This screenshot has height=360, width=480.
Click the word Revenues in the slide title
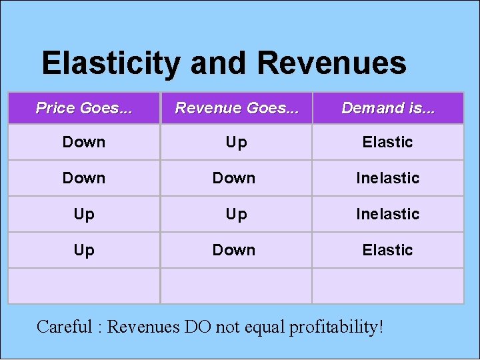(331, 64)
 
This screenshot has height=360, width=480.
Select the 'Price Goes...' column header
(84, 108)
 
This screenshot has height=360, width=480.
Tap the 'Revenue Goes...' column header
(236, 108)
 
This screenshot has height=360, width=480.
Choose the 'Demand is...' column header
(387, 108)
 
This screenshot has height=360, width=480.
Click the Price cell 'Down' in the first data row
(84, 142)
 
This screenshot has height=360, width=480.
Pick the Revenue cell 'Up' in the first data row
(236, 142)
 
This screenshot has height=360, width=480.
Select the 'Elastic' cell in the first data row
(387, 142)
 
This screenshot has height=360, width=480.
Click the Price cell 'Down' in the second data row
(84, 178)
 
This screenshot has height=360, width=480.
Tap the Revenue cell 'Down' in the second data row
(234, 178)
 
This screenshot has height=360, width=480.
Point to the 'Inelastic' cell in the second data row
(387, 178)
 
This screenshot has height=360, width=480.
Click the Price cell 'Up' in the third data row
(84, 214)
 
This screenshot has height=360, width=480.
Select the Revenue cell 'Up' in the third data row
(236, 214)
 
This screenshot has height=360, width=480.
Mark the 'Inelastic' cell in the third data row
(387, 214)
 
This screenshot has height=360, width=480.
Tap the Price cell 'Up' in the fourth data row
(84, 250)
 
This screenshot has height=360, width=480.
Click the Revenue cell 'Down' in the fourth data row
(234, 250)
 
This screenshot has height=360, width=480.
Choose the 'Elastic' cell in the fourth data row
(387, 250)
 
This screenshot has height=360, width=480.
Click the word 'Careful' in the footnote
(65, 327)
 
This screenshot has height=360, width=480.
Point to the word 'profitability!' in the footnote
(337, 327)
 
